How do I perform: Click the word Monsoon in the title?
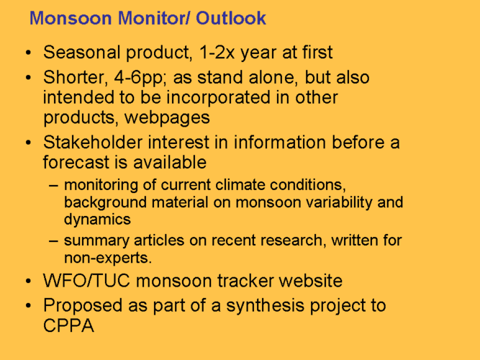pos(71,18)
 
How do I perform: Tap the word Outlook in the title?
pos(231,18)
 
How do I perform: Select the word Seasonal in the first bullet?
pos(82,52)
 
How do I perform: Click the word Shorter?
pos(76,78)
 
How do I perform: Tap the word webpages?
pos(167,118)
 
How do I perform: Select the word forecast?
pos(76,163)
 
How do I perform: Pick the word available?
pos(170,163)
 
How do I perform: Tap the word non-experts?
pos(108,258)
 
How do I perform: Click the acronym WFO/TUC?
pos(86,281)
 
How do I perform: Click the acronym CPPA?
pos(68,325)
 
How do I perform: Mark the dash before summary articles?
pos(53,240)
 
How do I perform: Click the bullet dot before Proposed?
pos(29,306)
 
